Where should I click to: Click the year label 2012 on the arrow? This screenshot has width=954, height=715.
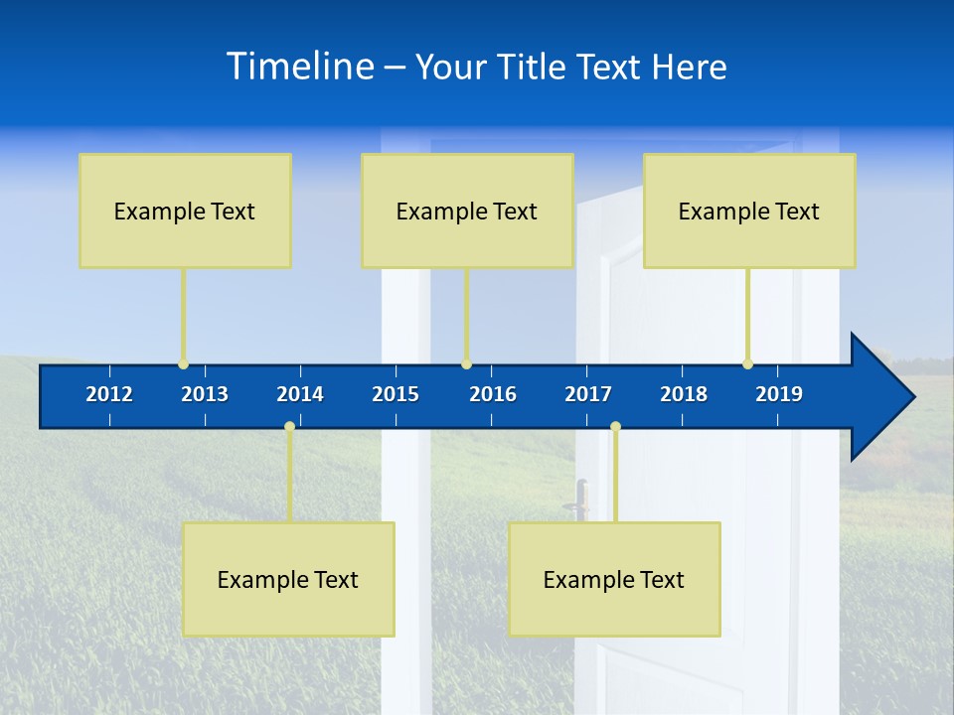click(109, 394)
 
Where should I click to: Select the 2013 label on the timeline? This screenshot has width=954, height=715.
click(205, 394)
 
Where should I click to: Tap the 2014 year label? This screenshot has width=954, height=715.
click(300, 394)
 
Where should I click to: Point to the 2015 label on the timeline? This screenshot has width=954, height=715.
click(396, 394)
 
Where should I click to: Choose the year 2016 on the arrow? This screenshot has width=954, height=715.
click(493, 394)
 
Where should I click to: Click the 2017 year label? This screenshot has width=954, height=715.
click(588, 394)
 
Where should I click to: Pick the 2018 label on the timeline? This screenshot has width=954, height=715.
click(684, 394)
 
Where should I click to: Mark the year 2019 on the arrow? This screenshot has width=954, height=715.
click(779, 394)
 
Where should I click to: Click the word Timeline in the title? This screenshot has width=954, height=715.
click(300, 67)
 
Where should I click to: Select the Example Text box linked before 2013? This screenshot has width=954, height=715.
click(185, 211)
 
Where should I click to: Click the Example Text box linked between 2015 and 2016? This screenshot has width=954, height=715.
click(467, 211)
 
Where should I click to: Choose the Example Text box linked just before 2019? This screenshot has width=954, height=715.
click(749, 211)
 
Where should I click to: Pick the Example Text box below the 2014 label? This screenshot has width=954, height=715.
click(288, 579)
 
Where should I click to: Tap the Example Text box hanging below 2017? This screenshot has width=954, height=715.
click(614, 579)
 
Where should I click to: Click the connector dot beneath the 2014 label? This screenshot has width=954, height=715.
click(289, 427)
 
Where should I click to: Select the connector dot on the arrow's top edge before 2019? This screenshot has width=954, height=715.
click(747, 363)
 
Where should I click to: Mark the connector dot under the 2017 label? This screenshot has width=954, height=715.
click(615, 427)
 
